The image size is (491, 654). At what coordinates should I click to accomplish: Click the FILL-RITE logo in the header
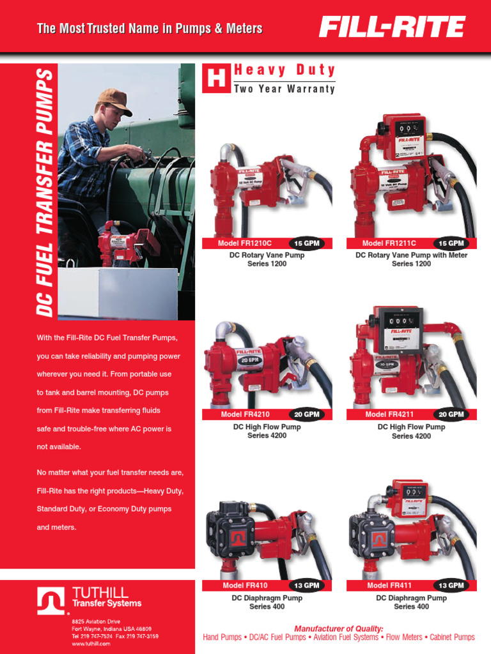(393, 27)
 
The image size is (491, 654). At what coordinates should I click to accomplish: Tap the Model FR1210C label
(245, 243)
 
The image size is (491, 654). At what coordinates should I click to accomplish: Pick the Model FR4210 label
(245, 414)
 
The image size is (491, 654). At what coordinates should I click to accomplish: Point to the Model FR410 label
(245, 586)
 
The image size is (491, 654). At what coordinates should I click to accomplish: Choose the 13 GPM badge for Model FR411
(451, 586)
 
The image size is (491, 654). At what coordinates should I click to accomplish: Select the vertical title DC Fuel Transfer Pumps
(44, 192)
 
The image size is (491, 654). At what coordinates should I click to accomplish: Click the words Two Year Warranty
(284, 89)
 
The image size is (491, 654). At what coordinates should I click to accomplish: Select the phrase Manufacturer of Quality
(339, 628)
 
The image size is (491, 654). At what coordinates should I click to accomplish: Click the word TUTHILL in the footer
(100, 593)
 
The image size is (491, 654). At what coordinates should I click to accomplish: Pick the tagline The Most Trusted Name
(150, 29)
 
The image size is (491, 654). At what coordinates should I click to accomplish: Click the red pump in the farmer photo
(118, 243)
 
